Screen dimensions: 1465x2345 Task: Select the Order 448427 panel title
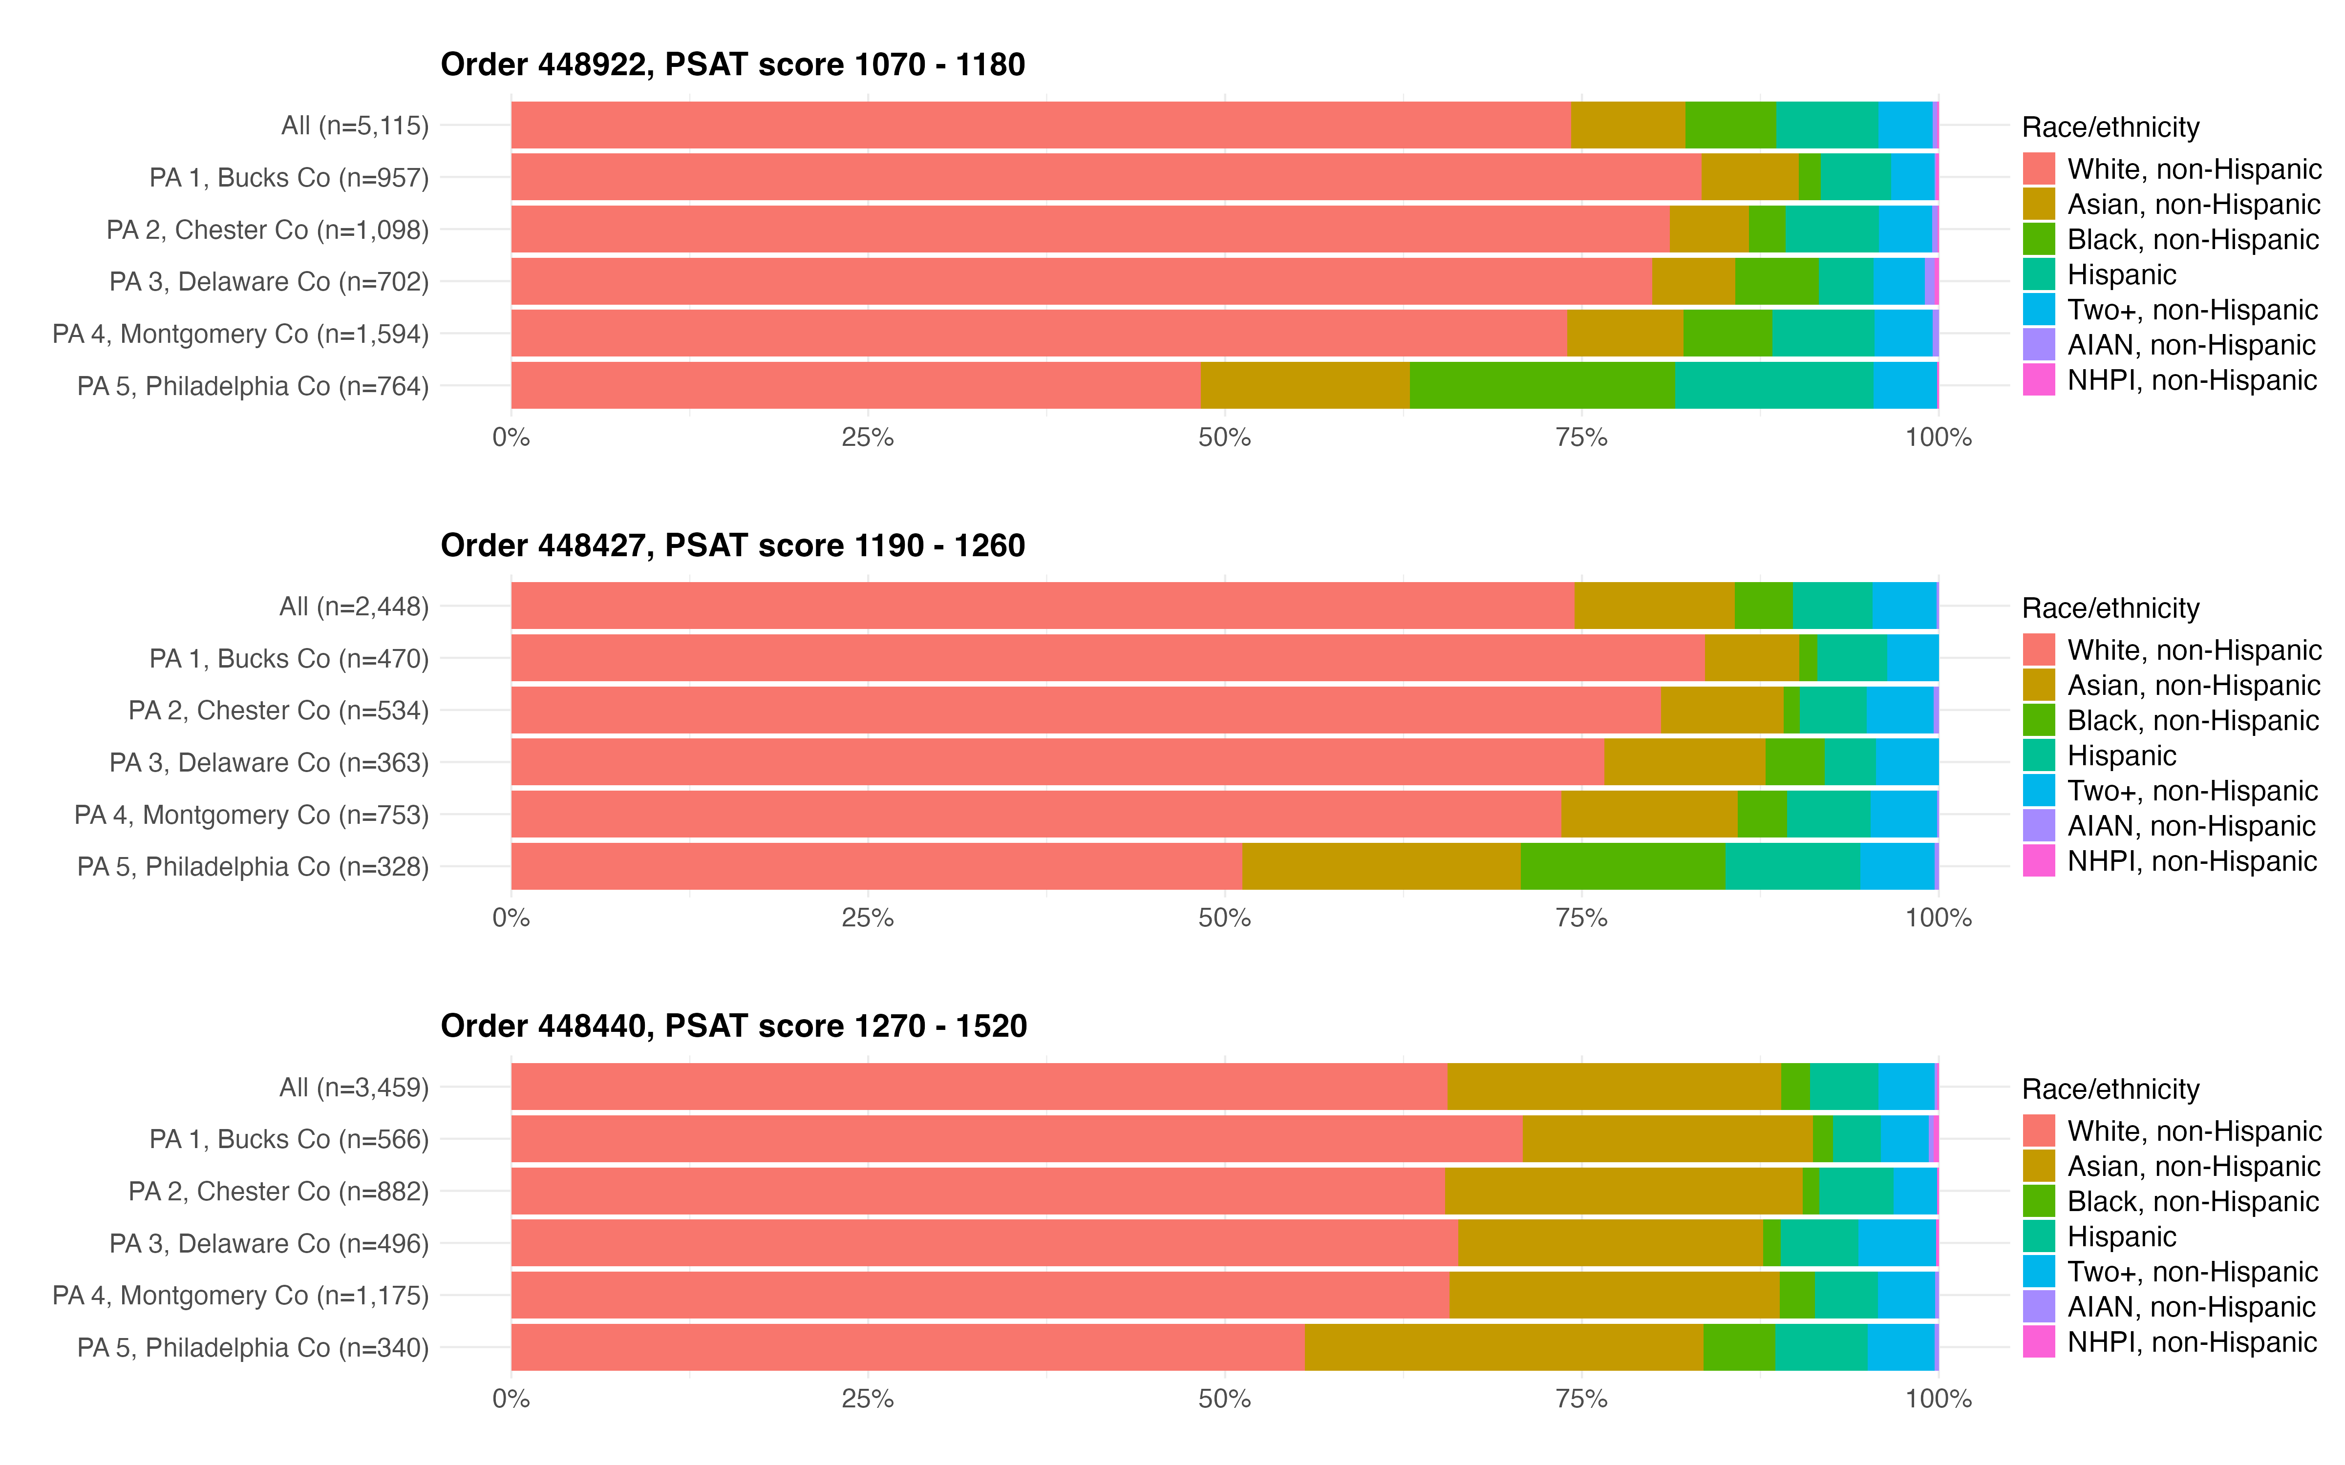(733, 545)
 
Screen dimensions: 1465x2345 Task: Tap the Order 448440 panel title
(733, 1026)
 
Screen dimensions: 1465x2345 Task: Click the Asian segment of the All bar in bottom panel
(1613, 1087)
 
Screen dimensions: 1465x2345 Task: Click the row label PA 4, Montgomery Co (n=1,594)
(240, 335)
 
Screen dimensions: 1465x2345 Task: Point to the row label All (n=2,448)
(354, 607)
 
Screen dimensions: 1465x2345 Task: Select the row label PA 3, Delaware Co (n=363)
(268, 763)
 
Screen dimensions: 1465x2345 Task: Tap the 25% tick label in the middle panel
(867, 919)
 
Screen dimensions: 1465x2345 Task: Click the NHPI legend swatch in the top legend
(2039, 380)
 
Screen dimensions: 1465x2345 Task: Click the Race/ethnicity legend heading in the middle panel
(2110, 608)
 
